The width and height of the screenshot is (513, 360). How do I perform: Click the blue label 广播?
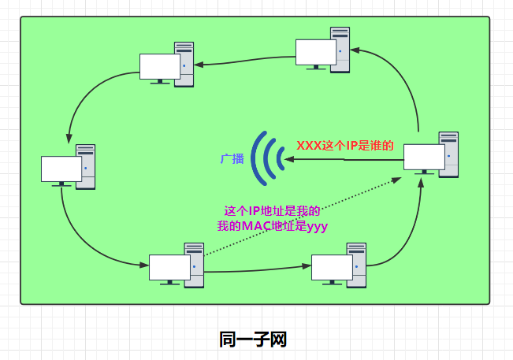pos(232,159)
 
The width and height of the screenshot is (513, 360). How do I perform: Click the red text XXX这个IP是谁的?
pos(344,146)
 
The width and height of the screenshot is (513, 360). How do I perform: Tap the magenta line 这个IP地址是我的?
pos(272,211)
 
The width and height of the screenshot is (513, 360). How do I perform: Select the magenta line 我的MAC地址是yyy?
pos(272,226)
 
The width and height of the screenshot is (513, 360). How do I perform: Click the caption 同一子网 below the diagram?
pos(252,340)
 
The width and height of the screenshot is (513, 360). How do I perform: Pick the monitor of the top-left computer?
pos(160,66)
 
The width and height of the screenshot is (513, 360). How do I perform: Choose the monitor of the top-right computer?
pos(316,51)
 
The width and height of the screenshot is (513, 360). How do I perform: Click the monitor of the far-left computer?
pos(61,169)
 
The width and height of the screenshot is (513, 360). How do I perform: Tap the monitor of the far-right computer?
pos(424,157)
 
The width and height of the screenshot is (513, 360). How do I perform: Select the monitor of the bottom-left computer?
pos(169,268)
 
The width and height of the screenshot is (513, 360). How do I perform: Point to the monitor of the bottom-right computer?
pos(332,267)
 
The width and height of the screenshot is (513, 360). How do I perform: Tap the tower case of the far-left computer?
pos(86,165)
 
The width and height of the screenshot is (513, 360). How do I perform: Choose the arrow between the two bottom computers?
pos(256,270)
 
